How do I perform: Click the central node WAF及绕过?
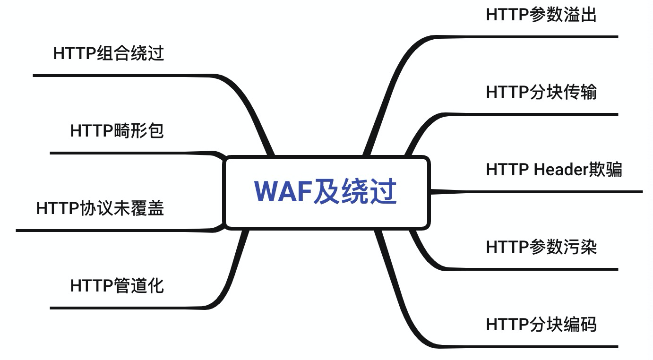pos(326,193)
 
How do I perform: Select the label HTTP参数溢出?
pos(541,15)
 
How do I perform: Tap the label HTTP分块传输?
pos(541,92)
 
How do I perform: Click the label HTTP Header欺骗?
pos(554,170)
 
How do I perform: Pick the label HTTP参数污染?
pos(541,247)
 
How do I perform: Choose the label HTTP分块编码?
pos(541,325)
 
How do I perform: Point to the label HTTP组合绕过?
pos(109,53)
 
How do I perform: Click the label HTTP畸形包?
pos(117,131)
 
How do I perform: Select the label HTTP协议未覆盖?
pos(100,208)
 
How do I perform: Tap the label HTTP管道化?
pos(117,286)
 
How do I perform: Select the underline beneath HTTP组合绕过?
pos(118,75)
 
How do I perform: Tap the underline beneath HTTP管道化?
pos(128,308)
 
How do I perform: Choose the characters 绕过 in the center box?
pos(373,191)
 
